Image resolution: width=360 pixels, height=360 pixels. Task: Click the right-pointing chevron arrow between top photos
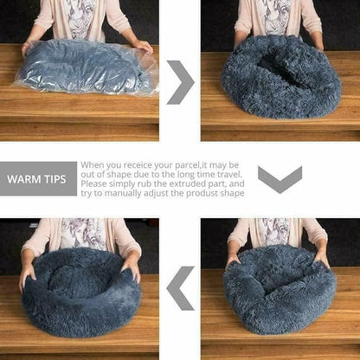point(179,82)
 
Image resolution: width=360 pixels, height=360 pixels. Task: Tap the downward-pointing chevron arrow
point(280,179)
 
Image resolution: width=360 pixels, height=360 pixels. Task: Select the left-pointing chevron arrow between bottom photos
point(180,287)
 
